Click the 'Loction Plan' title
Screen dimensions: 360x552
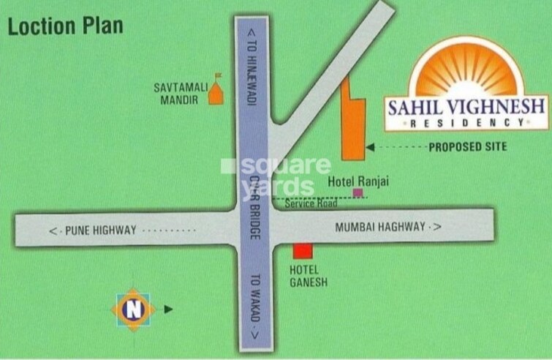[x=65, y=26]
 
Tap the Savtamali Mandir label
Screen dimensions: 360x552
[x=181, y=94]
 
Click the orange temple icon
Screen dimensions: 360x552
[x=216, y=91]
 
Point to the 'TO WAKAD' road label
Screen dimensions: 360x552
[x=255, y=306]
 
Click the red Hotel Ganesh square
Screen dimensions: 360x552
[x=303, y=251]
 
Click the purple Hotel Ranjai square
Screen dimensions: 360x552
[x=358, y=192]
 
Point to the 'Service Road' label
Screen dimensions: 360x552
[x=311, y=203]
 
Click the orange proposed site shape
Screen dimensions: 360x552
[x=352, y=128]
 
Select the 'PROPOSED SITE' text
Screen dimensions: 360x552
[x=467, y=147]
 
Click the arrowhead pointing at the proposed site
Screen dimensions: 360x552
[x=371, y=147]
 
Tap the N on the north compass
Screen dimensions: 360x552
[x=133, y=310]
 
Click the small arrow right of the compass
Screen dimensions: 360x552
[x=169, y=310]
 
